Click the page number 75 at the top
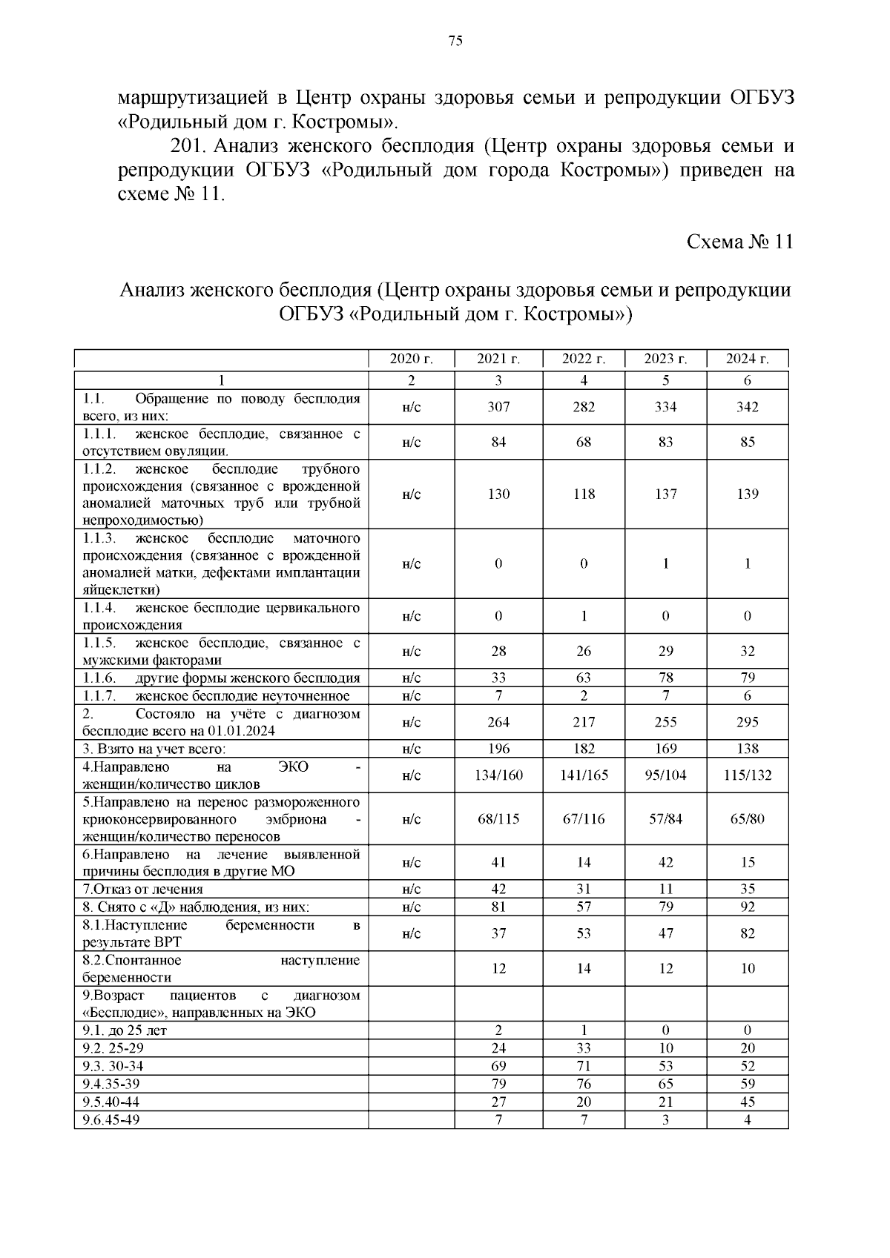coord(455,41)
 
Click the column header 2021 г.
coord(498,360)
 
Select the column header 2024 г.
coord(747,360)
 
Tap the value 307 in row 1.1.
coord(498,408)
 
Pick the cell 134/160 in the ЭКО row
coord(498,775)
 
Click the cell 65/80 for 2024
coord(747,819)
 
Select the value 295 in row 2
coord(747,722)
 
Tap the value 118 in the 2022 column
coord(584,494)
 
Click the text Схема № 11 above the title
coord(739,242)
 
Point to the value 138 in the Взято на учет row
coord(747,749)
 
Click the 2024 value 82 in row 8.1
coord(747,933)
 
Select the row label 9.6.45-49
coord(111,1119)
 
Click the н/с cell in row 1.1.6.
coord(412,678)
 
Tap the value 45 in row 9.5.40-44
coord(747,1102)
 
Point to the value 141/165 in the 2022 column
coord(584,775)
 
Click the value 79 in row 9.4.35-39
coord(498,1084)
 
